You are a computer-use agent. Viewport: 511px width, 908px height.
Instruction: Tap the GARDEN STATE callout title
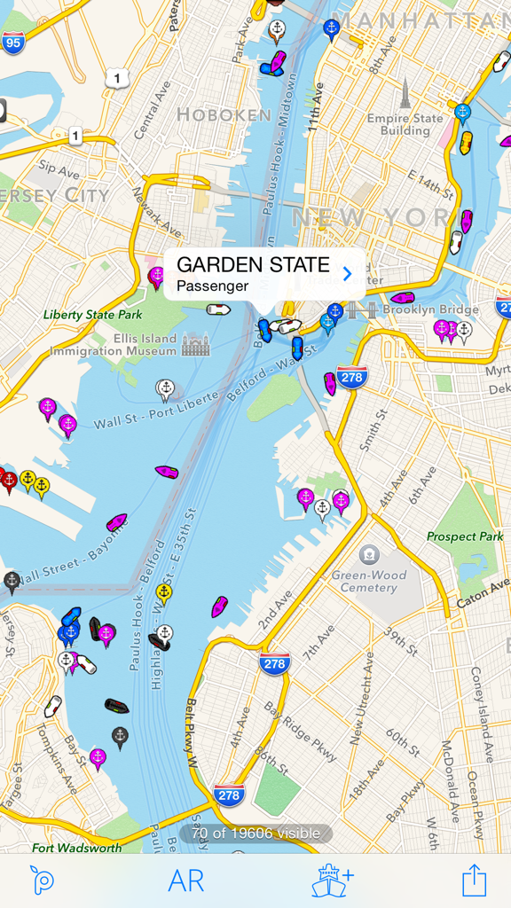pyautogui.click(x=253, y=264)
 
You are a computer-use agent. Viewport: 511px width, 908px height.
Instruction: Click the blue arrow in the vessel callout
pyautogui.click(x=347, y=274)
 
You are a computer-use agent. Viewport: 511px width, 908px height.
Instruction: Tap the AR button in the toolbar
pyautogui.click(x=186, y=881)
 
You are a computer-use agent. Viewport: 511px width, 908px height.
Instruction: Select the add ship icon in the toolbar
pyautogui.click(x=333, y=881)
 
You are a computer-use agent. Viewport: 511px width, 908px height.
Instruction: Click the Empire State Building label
pyautogui.click(x=405, y=124)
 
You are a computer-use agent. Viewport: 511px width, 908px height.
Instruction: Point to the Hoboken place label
pyautogui.click(x=224, y=114)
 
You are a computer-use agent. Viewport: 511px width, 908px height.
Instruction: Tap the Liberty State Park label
pyautogui.click(x=92, y=315)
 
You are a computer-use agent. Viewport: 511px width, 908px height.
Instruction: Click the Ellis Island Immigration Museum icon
pyautogui.click(x=195, y=344)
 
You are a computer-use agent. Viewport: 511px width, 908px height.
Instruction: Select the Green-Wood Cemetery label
pyautogui.click(x=369, y=581)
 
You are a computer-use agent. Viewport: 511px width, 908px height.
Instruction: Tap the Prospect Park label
pyautogui.click(x=465, y=536)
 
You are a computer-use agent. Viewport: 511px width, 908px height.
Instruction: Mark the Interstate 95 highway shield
pyautogui.click(x=13, y=41)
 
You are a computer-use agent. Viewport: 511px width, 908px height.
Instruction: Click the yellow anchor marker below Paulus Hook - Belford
pyautogui.click(x=164, y=592)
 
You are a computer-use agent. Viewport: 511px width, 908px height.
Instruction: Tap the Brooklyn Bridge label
pyautogui.click(x=435, y=309)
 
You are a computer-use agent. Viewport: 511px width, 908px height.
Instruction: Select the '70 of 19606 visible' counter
pyautogui.click(x=255, y=834)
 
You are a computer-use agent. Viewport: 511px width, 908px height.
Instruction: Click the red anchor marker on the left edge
pyautogui.click(x=9, y=480)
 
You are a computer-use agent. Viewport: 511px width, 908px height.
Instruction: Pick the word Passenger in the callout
pyautogui.click(x=212, y=286)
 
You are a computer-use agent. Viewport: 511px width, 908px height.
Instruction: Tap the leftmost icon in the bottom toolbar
pyautogui.click(x=41, y=881)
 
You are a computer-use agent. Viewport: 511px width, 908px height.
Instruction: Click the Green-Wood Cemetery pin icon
pyautogui.click(x=369, y=555)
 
